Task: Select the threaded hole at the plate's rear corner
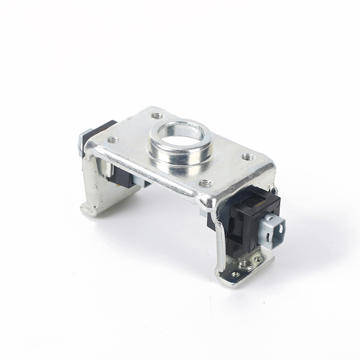click(156, 116)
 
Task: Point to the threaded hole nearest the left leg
click(113, 140)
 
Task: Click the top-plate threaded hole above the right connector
click(247, 157)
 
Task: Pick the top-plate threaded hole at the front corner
click(205, 183)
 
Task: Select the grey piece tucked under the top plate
click(144, 184)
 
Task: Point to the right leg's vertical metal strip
click(222, 252)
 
